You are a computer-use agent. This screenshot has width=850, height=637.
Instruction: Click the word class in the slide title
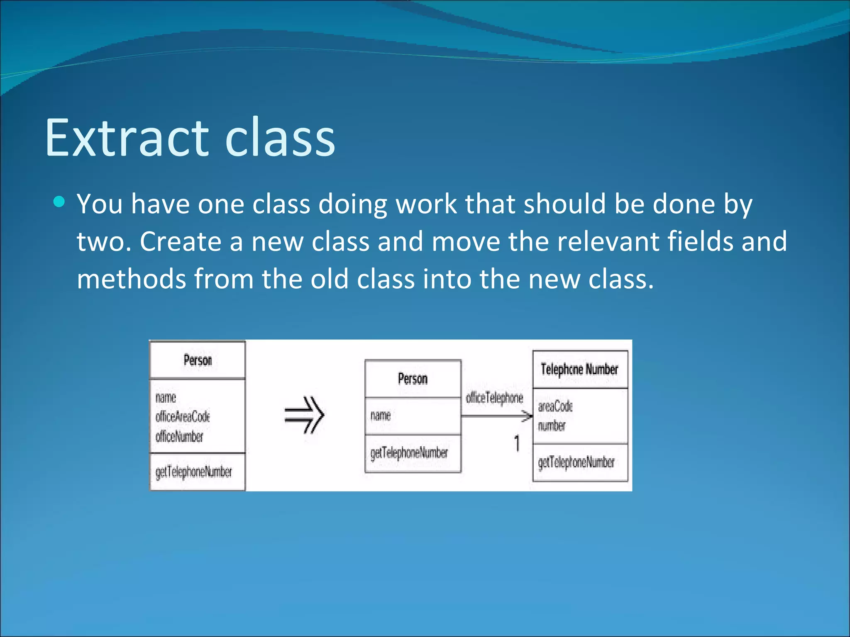(x=280, y=138)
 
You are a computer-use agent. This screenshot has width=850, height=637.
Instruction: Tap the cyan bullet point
(x=59, y=202)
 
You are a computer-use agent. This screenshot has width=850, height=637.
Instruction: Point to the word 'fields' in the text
(x=700, y=241)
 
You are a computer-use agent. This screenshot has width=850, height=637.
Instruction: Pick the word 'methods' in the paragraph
(x=131, y=279)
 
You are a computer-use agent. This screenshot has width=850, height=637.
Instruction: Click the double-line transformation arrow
(x=304, y=415)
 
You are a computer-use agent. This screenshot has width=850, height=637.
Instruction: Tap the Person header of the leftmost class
(x=198, y=360)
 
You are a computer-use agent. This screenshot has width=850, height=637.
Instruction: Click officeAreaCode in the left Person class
(x=183, y=416)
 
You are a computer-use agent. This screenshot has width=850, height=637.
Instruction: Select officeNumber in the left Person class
(x=179, y=436)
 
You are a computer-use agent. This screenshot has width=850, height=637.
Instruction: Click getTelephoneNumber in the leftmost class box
(x=193, y=472)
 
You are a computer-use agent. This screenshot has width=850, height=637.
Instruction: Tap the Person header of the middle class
(x=413, y=379)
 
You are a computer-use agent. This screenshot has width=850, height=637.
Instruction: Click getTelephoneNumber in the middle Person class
(x=409, y=453)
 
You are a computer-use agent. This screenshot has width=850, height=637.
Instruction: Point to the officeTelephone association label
(x=494, y=398)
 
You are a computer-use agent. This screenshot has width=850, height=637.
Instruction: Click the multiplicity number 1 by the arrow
(x=517, y=443)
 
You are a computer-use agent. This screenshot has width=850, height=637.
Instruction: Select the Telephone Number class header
(x=579, y=369)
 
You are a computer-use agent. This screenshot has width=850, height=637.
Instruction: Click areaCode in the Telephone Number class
(x=555, y=406)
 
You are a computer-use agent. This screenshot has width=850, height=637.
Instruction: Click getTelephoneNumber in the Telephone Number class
(x=576, y=462)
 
